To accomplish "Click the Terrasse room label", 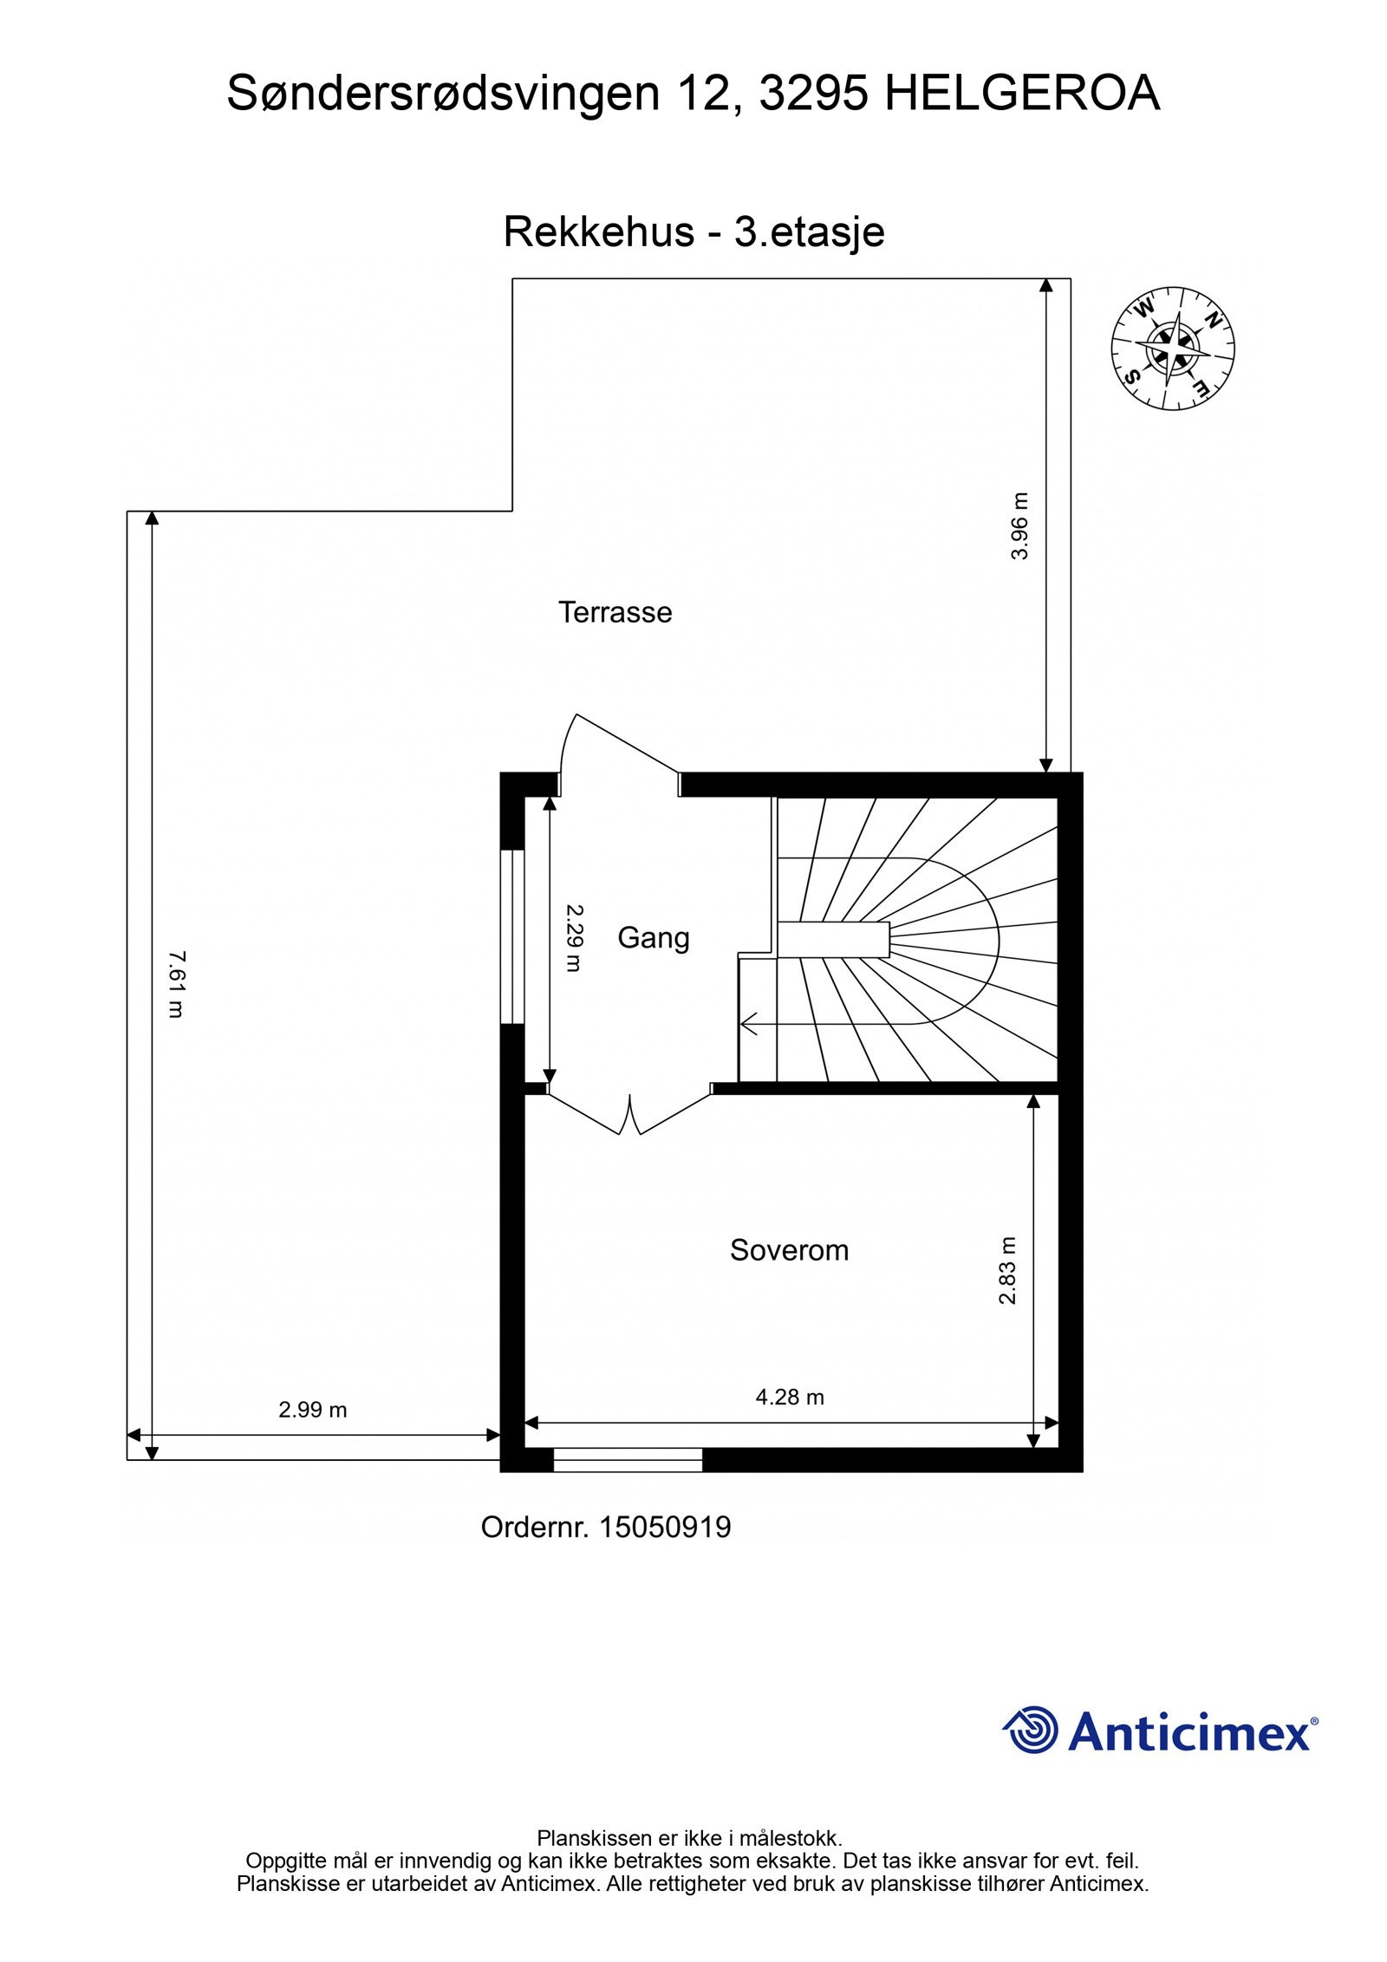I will pos(615,612).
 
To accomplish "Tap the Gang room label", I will pos(653,937).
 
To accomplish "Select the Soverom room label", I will pos(788,1249).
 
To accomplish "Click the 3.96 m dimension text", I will pos(1019,526).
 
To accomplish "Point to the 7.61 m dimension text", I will pos(176,983).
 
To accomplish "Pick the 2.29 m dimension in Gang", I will pos(574,937).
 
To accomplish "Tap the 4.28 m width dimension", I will pos(789,1396).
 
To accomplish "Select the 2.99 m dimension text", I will pos(312,1409).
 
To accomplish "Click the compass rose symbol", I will pos(1172,348).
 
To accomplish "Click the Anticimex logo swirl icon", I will pos(1032,1730).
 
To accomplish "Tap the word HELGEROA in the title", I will pos(1022,94).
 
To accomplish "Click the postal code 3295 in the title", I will pos(812,94).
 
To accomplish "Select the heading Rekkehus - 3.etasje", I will pos(693,232).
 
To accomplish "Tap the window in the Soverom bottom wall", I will pos(628,1460).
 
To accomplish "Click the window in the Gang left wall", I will pos(513,936).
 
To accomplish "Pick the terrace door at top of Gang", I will pos(620,746).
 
